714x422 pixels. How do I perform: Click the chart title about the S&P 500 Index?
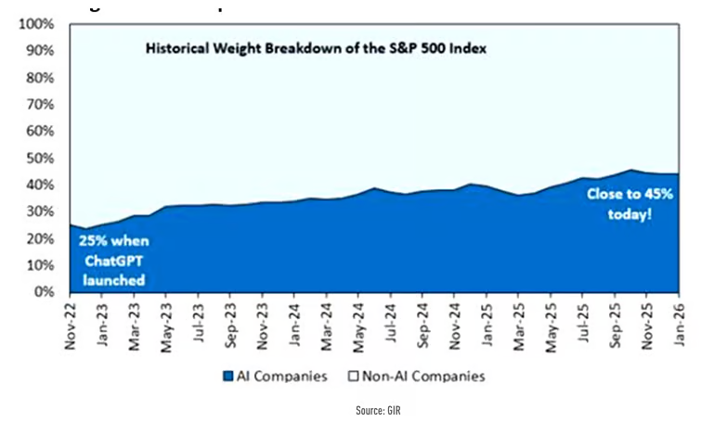pyautogui.click(x=316, y=46)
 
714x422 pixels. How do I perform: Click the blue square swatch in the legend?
pyautogui.click(x=229, y=376)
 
